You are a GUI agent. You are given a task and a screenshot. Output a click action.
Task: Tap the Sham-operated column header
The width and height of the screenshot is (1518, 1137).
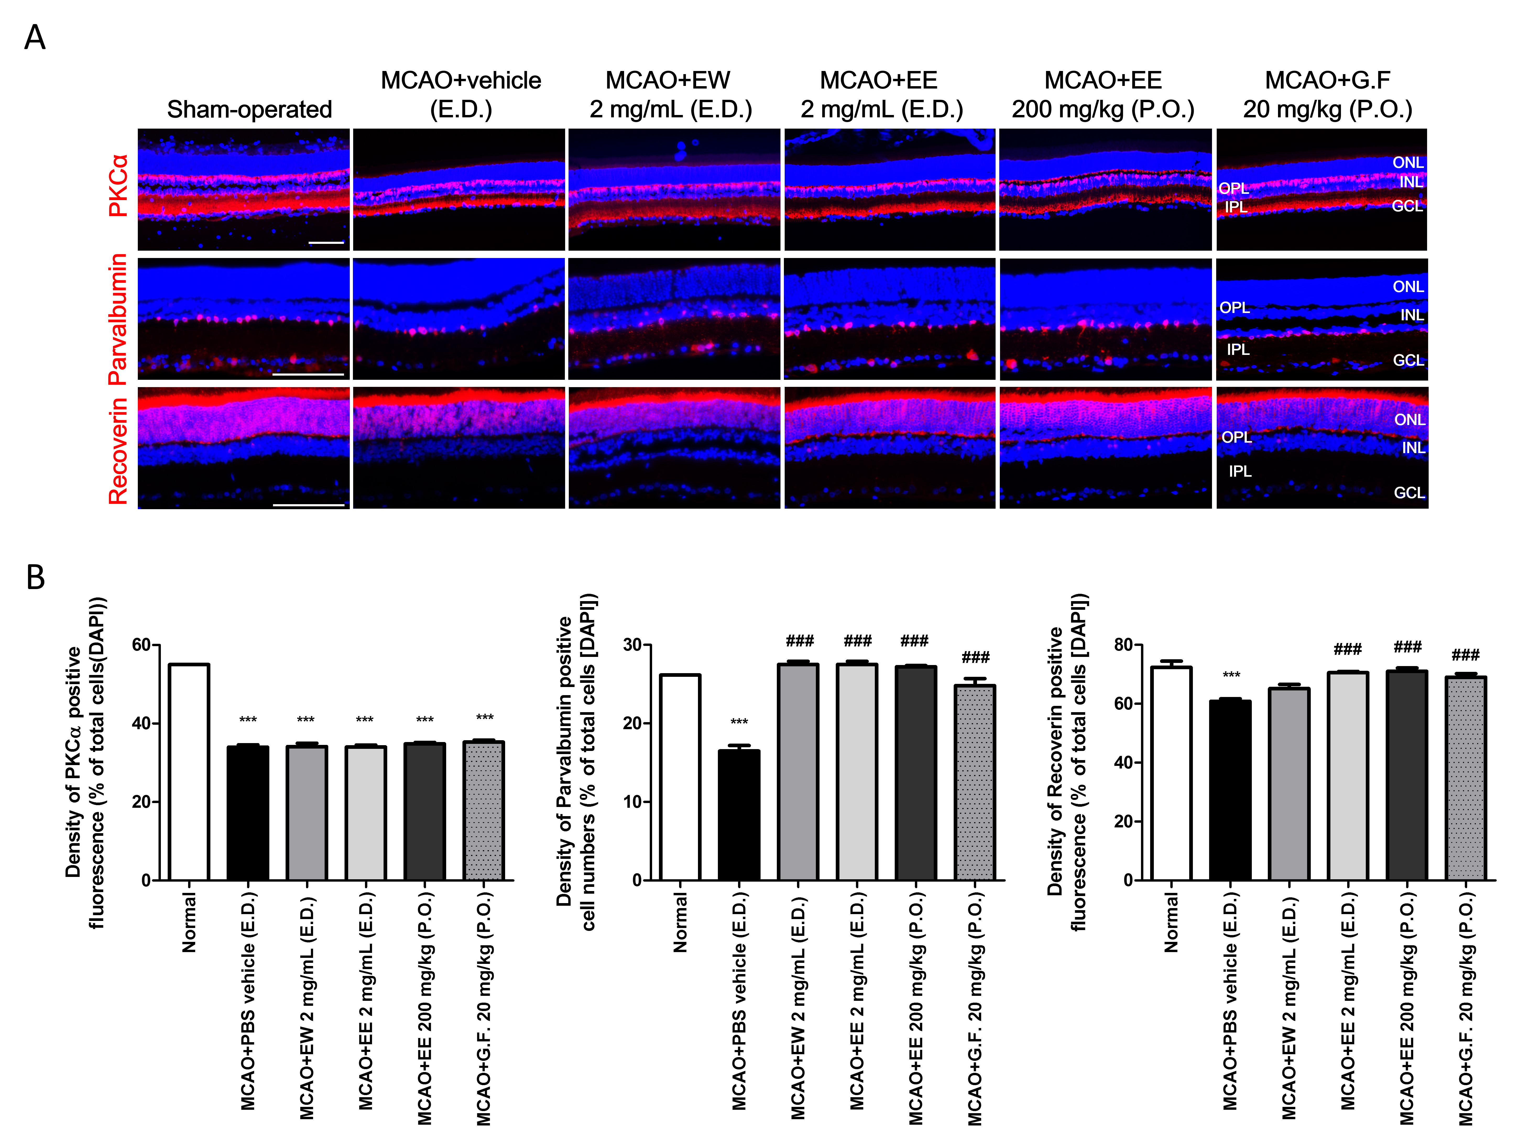point(249,109)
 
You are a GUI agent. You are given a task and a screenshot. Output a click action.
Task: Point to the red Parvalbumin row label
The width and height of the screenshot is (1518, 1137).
point(118,319)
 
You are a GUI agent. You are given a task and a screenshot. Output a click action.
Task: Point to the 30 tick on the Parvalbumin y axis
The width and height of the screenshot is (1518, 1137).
point(632,645)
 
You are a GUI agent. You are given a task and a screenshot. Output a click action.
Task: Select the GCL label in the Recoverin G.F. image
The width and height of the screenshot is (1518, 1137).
point(1409,493)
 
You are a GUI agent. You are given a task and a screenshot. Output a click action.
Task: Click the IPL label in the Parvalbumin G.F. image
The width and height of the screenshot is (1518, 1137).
point(1238,349)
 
